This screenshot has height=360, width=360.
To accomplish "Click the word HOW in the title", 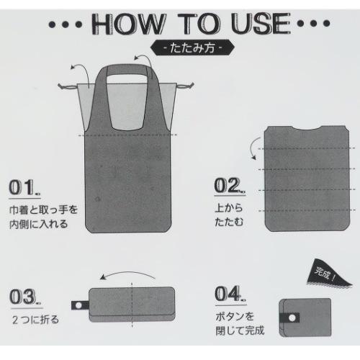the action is [128, 24].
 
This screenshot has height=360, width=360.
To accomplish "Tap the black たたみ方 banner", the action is [192, 48].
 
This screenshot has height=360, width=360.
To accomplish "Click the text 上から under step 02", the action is [229, 208].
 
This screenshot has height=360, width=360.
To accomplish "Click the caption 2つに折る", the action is [35, 320].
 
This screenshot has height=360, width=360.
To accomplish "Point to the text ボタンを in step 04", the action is [235, 317].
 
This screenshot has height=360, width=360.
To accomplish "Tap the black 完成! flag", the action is [328, 274].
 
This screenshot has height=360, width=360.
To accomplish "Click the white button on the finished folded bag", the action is [292, 318].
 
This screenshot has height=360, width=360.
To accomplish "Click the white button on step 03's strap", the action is [78, 305].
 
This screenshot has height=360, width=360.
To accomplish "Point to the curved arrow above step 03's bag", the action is [127, 273].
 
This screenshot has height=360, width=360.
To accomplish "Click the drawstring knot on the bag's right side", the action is [185, 86].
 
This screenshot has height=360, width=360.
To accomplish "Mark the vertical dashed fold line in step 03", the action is [132, 305].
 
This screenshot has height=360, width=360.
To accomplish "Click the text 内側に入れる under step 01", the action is [38, 224].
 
